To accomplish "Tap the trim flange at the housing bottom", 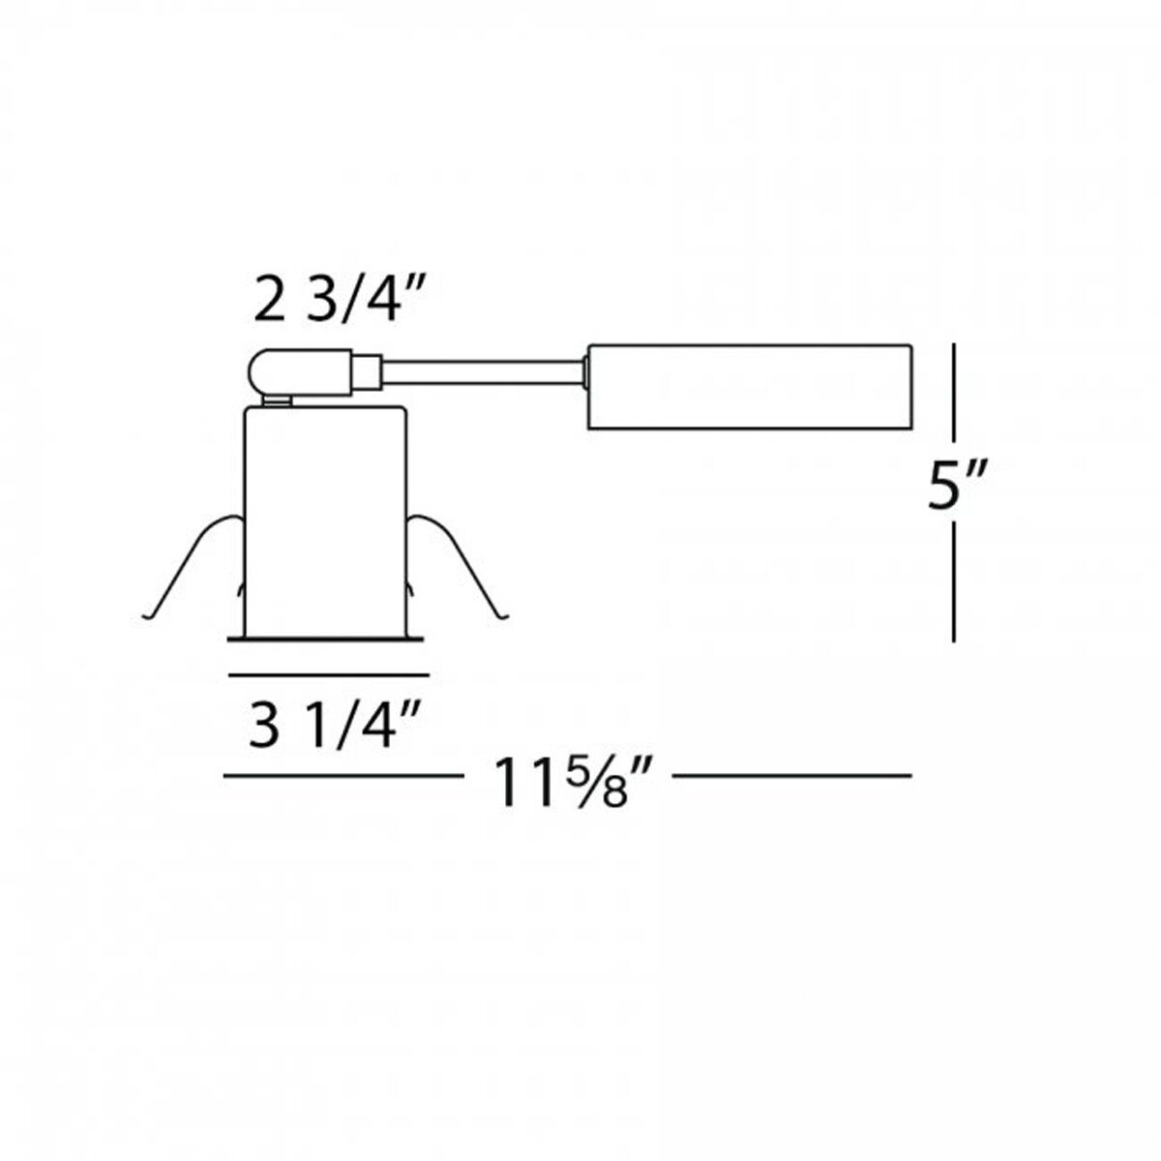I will pos(325,639).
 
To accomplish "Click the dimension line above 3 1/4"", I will pos(327,670).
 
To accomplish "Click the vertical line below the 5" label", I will pos(955,580).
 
